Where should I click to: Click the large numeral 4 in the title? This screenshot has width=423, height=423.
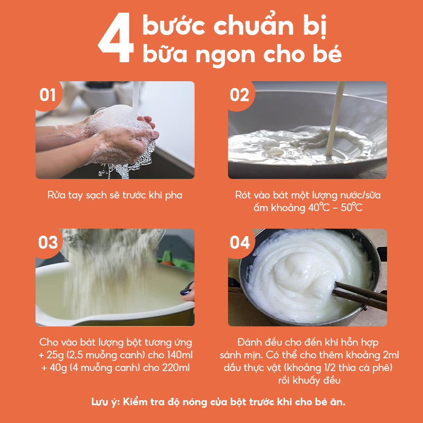click(x=116, y=38)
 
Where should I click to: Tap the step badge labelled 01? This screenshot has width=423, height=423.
click(x=48, y=95)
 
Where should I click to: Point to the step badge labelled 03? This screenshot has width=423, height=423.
click(x=48, y=242)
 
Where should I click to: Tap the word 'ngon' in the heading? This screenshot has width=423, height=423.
click(x=225, y=55)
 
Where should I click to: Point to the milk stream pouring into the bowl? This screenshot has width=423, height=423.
click(x=335, y=119)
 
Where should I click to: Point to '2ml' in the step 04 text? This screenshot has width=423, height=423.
click(x=391, y=355)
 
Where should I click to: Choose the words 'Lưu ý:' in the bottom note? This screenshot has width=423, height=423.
click(x=105, y=402)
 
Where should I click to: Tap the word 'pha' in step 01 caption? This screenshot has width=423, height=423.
click(x=174, y=195)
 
